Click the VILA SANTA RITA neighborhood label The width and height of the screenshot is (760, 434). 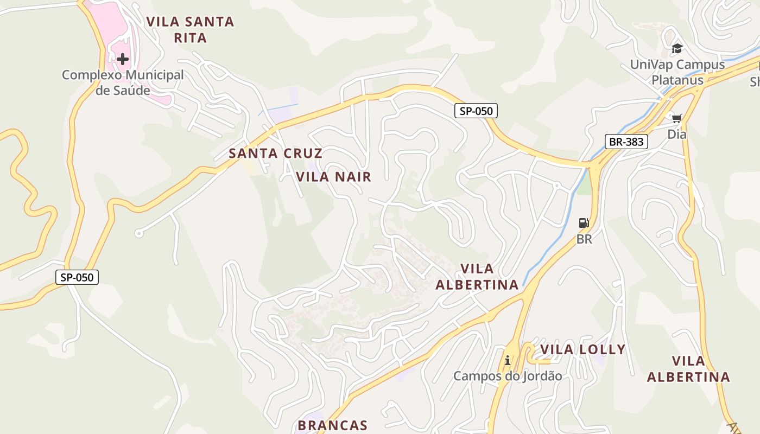pyautogui.click(x=190, y=30)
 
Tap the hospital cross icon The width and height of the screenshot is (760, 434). pyautogui.click(x=123, y=59)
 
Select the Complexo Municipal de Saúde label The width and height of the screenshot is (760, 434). pyautogui.click(x=123, y=82)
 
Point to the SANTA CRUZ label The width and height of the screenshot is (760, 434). pyautogui.click(x=275, y=153)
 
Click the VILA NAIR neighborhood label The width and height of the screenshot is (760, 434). pyautogui.click(x=333, y=176)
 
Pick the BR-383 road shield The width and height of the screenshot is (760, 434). pyautogui.click(x=626, y=142)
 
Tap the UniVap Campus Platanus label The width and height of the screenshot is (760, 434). pyautogui.click(x=677, y=72)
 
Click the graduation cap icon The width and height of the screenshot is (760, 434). pyautogui.click(x=676, y=49)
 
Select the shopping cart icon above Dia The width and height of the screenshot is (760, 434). pyautogui.click(x=676, y=118)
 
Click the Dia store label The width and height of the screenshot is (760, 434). pyautogui.click(x=676, y=134)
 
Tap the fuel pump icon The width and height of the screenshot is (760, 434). pyautogui.click(x=584, y=222)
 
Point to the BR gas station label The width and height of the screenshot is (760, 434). pyautogui.click(x=584, y=239)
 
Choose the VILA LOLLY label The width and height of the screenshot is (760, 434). pyautogui.click(x=582, y=349)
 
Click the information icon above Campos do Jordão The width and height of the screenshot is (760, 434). pyautogui.click(x=508, y=360)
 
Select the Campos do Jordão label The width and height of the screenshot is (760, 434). pyautogui.click(x=508, y=376)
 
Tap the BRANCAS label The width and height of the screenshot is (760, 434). pyautogui.click(x=333, y=425)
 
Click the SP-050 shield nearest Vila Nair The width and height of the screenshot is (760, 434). pyautogui.click(x=476, y=111)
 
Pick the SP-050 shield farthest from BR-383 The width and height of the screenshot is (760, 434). pyautogui.click(x=77, y=277)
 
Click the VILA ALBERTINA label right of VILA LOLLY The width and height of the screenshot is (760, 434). pyautogui.click(x=688, y=369)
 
